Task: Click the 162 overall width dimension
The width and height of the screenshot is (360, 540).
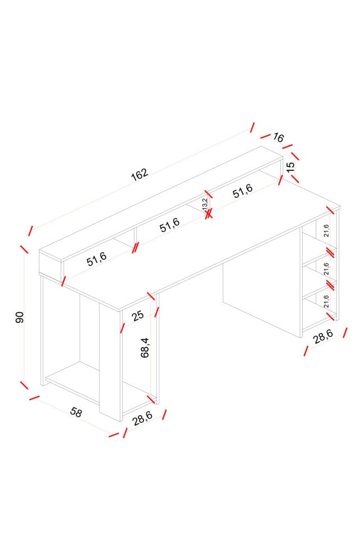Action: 139,174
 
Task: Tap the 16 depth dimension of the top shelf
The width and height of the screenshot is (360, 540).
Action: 278,138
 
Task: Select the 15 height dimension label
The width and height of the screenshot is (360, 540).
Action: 290,167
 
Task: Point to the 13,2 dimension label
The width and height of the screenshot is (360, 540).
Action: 205,204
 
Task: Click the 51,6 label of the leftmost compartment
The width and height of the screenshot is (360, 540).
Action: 97,259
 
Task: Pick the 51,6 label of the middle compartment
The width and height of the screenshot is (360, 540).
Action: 170,225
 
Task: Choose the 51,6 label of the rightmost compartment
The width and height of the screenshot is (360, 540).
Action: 243,191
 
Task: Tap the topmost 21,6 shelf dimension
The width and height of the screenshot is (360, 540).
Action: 326,231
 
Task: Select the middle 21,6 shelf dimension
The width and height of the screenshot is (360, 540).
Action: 326,269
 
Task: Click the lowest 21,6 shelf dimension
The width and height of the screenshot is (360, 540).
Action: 326,301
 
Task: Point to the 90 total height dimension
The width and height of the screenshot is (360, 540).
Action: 20,317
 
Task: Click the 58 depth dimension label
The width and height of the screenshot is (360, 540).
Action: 76,412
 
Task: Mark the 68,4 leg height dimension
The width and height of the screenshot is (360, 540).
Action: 145,348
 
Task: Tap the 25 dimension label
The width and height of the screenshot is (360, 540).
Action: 137,316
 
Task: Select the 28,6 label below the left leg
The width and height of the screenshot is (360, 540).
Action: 142,418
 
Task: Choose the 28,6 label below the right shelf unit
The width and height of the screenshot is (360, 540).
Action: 323,337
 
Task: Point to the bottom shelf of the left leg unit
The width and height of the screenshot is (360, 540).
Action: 72,382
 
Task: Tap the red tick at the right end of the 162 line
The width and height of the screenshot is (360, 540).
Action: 253,127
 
